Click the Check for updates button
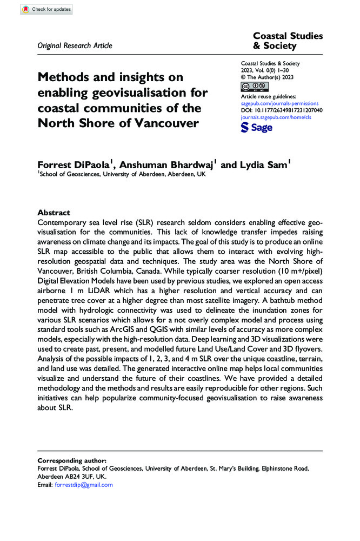(x=45, y=10)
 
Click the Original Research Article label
(x=75, y=45)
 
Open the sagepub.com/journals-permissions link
(x=279, y=103)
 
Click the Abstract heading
(x=54, y=213)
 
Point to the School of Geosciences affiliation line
(x=122, y=174)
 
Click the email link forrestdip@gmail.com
(x=84, y=485)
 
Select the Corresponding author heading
(x=72, y=459)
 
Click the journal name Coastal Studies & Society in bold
(x=288, y=41)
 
